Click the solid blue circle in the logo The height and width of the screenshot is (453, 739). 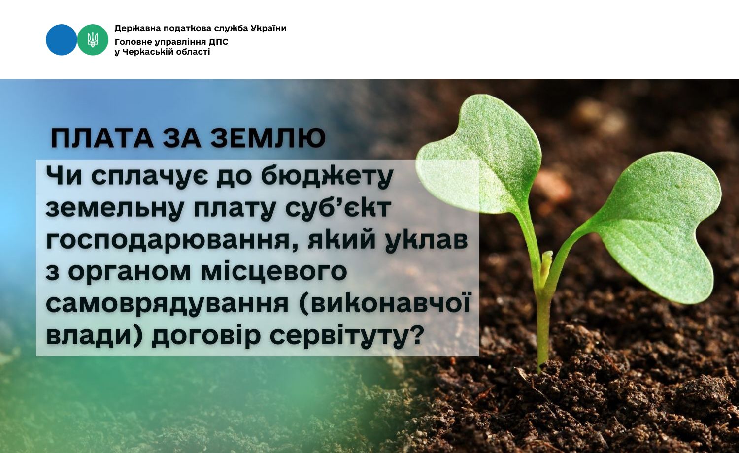(x=62, y=39)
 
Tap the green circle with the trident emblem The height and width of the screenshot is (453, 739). (x=93, y=39)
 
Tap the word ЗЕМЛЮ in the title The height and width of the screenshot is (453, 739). (x=268, y=138)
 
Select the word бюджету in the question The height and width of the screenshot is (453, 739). (x=327, y=176)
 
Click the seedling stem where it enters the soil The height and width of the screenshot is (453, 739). (x=541, y=366)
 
